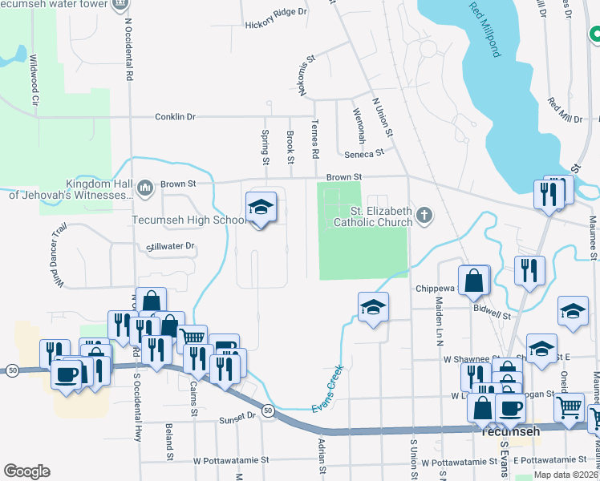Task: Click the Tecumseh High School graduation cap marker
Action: pyautogui.click(x=261, y=208)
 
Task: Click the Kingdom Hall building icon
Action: pyautogui.click(x=145, y=188)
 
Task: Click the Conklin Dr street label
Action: pyautogui.click(x=176, y=117)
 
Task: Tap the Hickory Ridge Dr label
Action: pyautogui.click(x=276, y=12)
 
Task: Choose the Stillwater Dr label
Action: pyautogui.click(x=172, y=246)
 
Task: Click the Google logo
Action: pyautogui.click(x=26, y=471)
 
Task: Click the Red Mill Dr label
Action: pyautogui.click(x=565, y=111)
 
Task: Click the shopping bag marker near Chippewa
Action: pyautogui.click(x=475, y=281)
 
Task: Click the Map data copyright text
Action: pyautogui.click(x=566, y=475)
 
